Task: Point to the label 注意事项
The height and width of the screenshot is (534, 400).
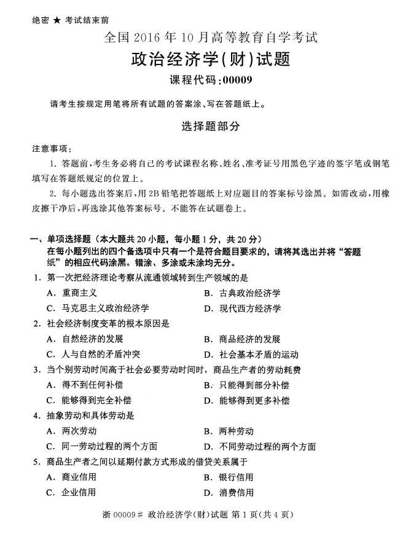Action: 51,149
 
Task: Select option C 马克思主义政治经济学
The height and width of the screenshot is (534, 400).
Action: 99,308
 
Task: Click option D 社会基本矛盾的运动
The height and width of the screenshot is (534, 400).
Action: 251,354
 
